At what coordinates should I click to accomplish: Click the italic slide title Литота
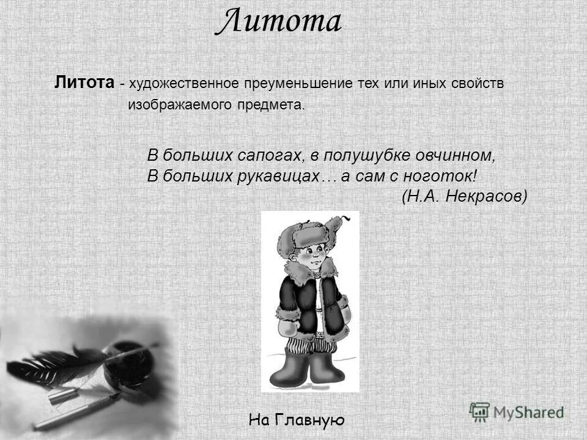tap(278, 23)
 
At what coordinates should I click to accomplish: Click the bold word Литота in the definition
tap(84, 82)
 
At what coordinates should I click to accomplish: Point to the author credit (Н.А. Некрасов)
tap(464, 196)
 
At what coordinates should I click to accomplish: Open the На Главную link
tap(297, 420)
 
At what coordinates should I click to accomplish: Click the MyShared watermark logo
tap(517, 411)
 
